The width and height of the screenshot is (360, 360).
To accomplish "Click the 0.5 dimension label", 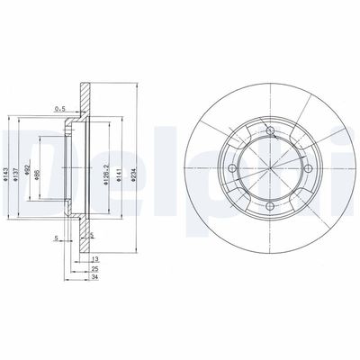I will pyautogui.click(x=60, y=110).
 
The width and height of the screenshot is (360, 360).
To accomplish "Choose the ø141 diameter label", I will pyautogui.click(x=121, y=163).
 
